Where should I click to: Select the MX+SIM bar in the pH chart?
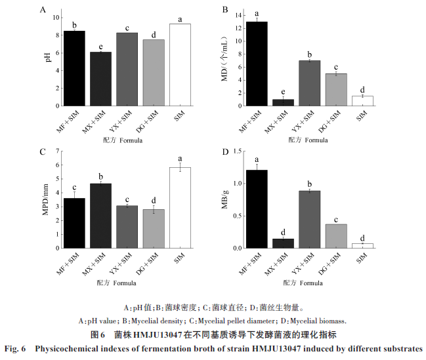pos(100,79)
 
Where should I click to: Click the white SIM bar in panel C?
pos(180,209)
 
